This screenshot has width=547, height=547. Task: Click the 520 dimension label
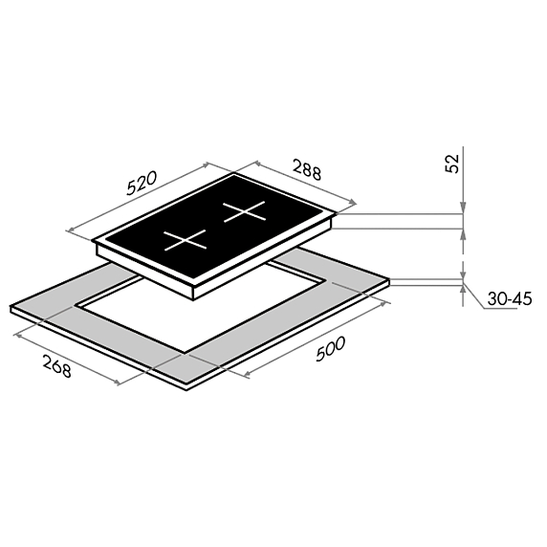pos(142,183)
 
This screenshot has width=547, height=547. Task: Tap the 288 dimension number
pos(307,169)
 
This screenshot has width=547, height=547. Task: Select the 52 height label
pos(452,163)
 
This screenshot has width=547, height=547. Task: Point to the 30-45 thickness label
pos(510,299)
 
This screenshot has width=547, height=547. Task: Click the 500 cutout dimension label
pos(330,348)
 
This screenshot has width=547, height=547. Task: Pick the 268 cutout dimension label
pos(57,365)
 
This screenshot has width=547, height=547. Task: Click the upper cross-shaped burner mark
pos(244,211)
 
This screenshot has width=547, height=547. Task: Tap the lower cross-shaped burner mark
pos(186,240)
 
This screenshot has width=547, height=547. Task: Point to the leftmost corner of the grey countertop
pos(11,306)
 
